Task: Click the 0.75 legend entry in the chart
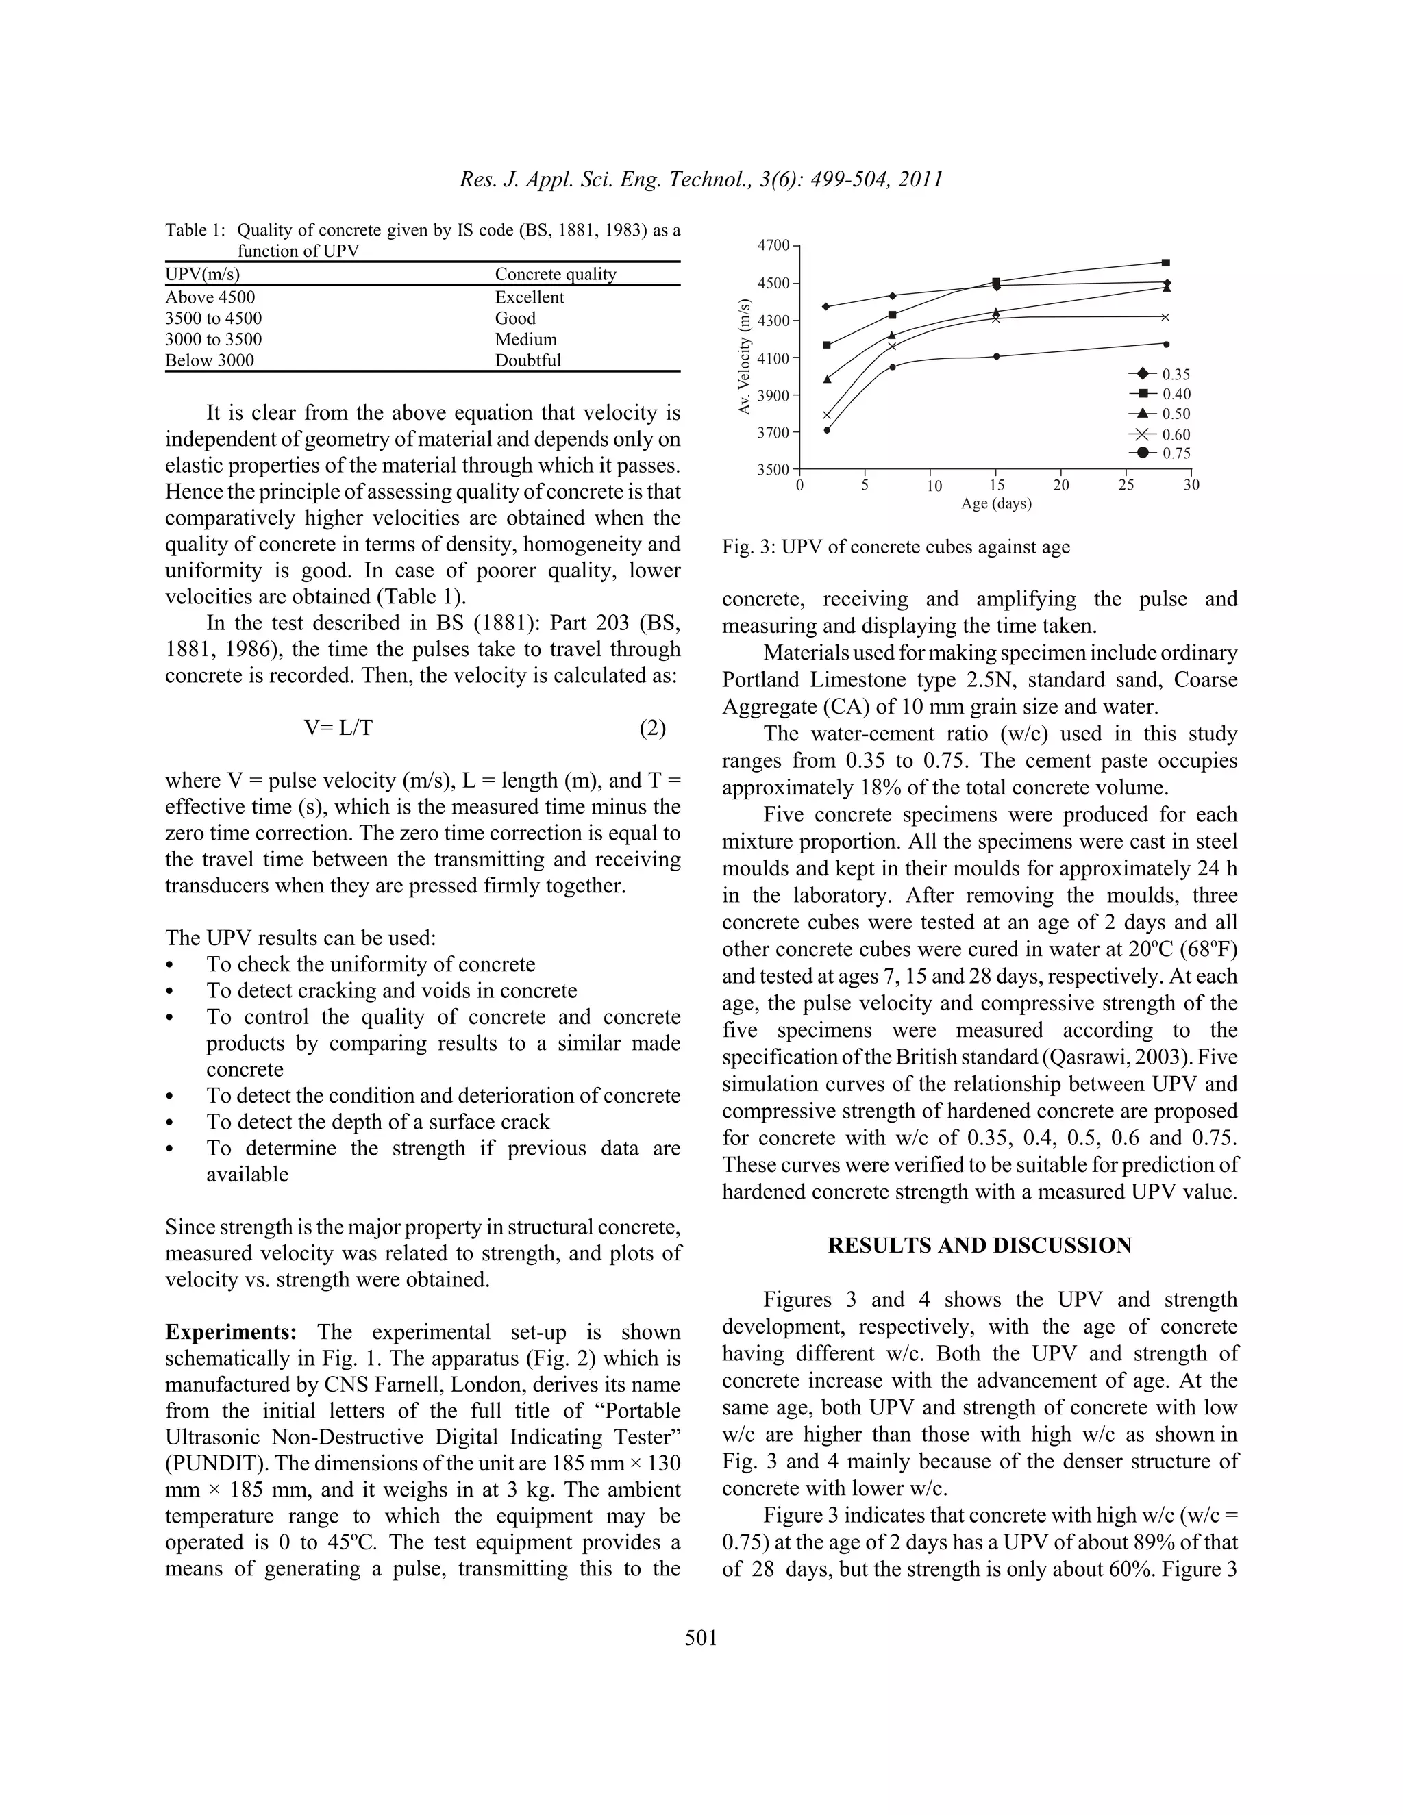pos(1160,453)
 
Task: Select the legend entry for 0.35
pos(1160,375)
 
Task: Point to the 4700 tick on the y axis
pos(774,245)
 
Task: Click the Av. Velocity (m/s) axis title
pos(745,358)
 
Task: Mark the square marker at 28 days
pos(1165,262)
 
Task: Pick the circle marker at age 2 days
pos(827,429)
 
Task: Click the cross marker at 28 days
pos(1165,316)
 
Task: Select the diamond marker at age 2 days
pos(826,307)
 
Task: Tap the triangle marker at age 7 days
pos(892,336)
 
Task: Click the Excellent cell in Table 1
pos(530,297)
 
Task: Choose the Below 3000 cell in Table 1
pos(210,361)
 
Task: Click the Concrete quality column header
pos(555,274)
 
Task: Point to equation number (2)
pos(652,728)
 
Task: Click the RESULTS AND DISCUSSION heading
pos(979,1245)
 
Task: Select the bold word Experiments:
pos(230,1332)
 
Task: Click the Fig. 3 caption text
pos(895,547)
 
